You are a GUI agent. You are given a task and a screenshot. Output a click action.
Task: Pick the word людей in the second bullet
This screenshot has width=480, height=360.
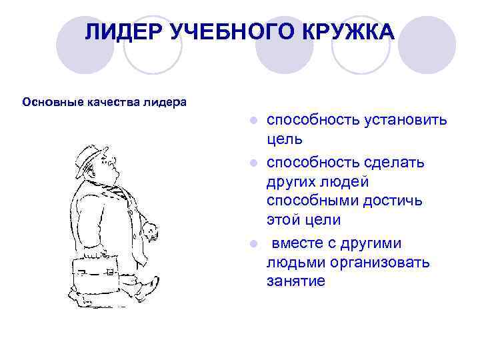pyautogui.click(x=340, y=182)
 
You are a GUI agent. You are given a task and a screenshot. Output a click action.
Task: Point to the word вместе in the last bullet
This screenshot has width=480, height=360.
pyautogui.click(x=296, y=242)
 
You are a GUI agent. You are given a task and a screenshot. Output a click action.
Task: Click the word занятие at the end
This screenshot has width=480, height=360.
pyautogui.click(x=296, y=281)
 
